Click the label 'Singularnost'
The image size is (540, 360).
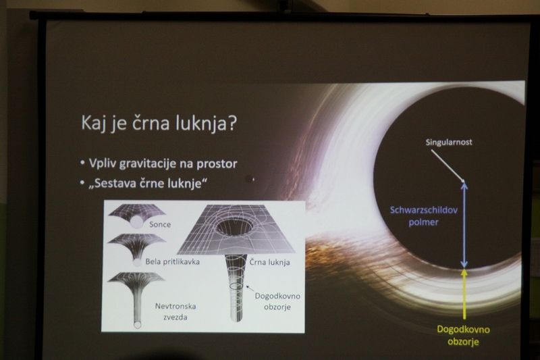tap(449, 143)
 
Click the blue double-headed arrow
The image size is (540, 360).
tap(464, 226)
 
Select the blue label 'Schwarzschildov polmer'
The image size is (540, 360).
tap(424, 216)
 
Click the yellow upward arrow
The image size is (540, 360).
tap(464, 294)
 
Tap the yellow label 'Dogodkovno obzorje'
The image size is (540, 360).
tap(463, 335)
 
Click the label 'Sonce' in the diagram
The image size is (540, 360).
tap(160, 224)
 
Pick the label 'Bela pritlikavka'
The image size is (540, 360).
tap(173, 261)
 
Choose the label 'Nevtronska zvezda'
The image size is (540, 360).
tap(175, 311)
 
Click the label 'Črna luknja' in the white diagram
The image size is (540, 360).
tap(269, 262)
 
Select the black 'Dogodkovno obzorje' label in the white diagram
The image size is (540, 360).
tap(277, 301)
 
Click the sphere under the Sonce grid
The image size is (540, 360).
tap(138, 222)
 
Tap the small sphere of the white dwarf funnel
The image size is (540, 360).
tap(137, 263)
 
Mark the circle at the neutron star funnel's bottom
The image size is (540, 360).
tap(138, 324)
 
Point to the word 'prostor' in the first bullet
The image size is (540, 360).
tap(217, 164)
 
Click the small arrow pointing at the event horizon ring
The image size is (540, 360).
tap(250, 288)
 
